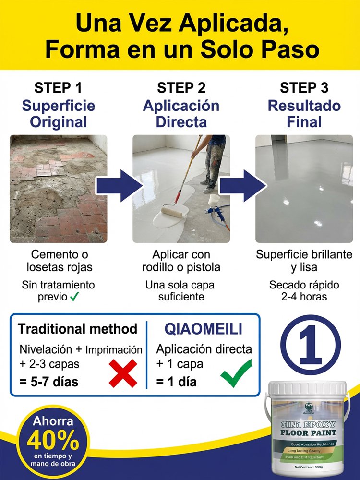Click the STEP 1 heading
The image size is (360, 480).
click(58, 88)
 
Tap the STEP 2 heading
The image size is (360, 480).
click(181, 88)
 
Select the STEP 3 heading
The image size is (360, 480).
click(304, 88)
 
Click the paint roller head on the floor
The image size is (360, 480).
click(172, 211)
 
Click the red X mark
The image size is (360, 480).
click(123, 373)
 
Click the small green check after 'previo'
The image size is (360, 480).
click(74, 297)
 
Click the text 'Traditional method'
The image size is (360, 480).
click(77, 329)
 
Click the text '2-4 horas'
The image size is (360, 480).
click(304, 297)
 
